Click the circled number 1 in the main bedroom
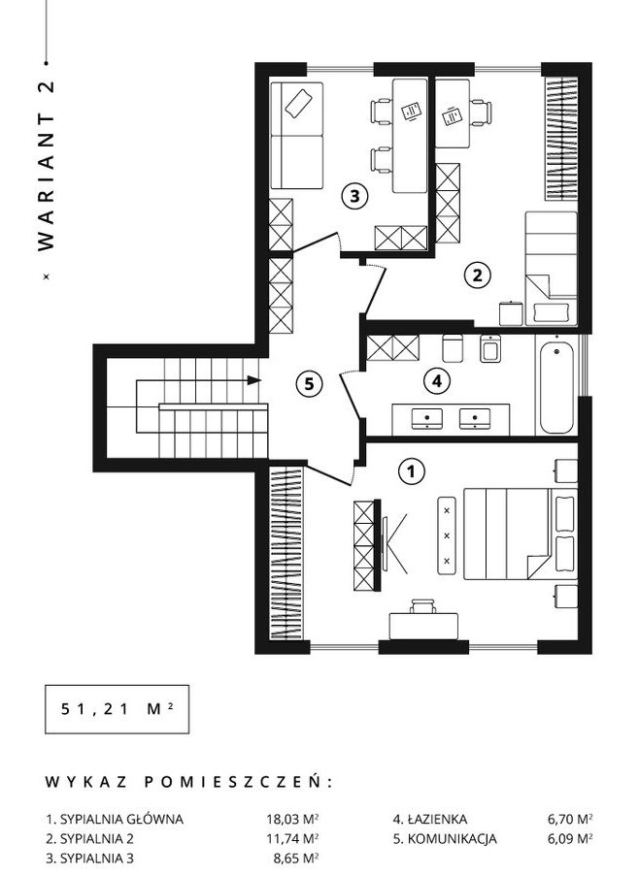pyautogui.click(x=411, y=472)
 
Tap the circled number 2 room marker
pyautogui.click(x=477, y=275)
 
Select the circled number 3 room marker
pyautogui.click(x=354, y=196)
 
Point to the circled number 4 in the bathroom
pyautogui.click(x=437, y=381)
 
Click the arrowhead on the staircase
pyautogui.click(x=254, y=380)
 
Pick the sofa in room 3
pyautogui.click(x=297, y=136)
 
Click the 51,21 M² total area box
pyautogui.click(x=117, y=709)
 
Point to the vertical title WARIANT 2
pyautogui.click(x=47, y=166)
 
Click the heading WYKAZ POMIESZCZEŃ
pyautogui.click(x=188, y=782)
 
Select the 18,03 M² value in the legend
pyautogui.click(x=292, y=819)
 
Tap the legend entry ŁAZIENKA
pyautogui.click(x=429, y=819)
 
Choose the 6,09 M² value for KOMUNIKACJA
pyautogui.click(x=570, y=838)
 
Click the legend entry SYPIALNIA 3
pyautogui.click(x=89, y=858)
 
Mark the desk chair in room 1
pyautogui.click(x=423, y=606)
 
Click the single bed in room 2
pyautogui.click(x=551, y=268)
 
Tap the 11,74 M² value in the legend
pyautogui.click(x=292, y=838)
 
